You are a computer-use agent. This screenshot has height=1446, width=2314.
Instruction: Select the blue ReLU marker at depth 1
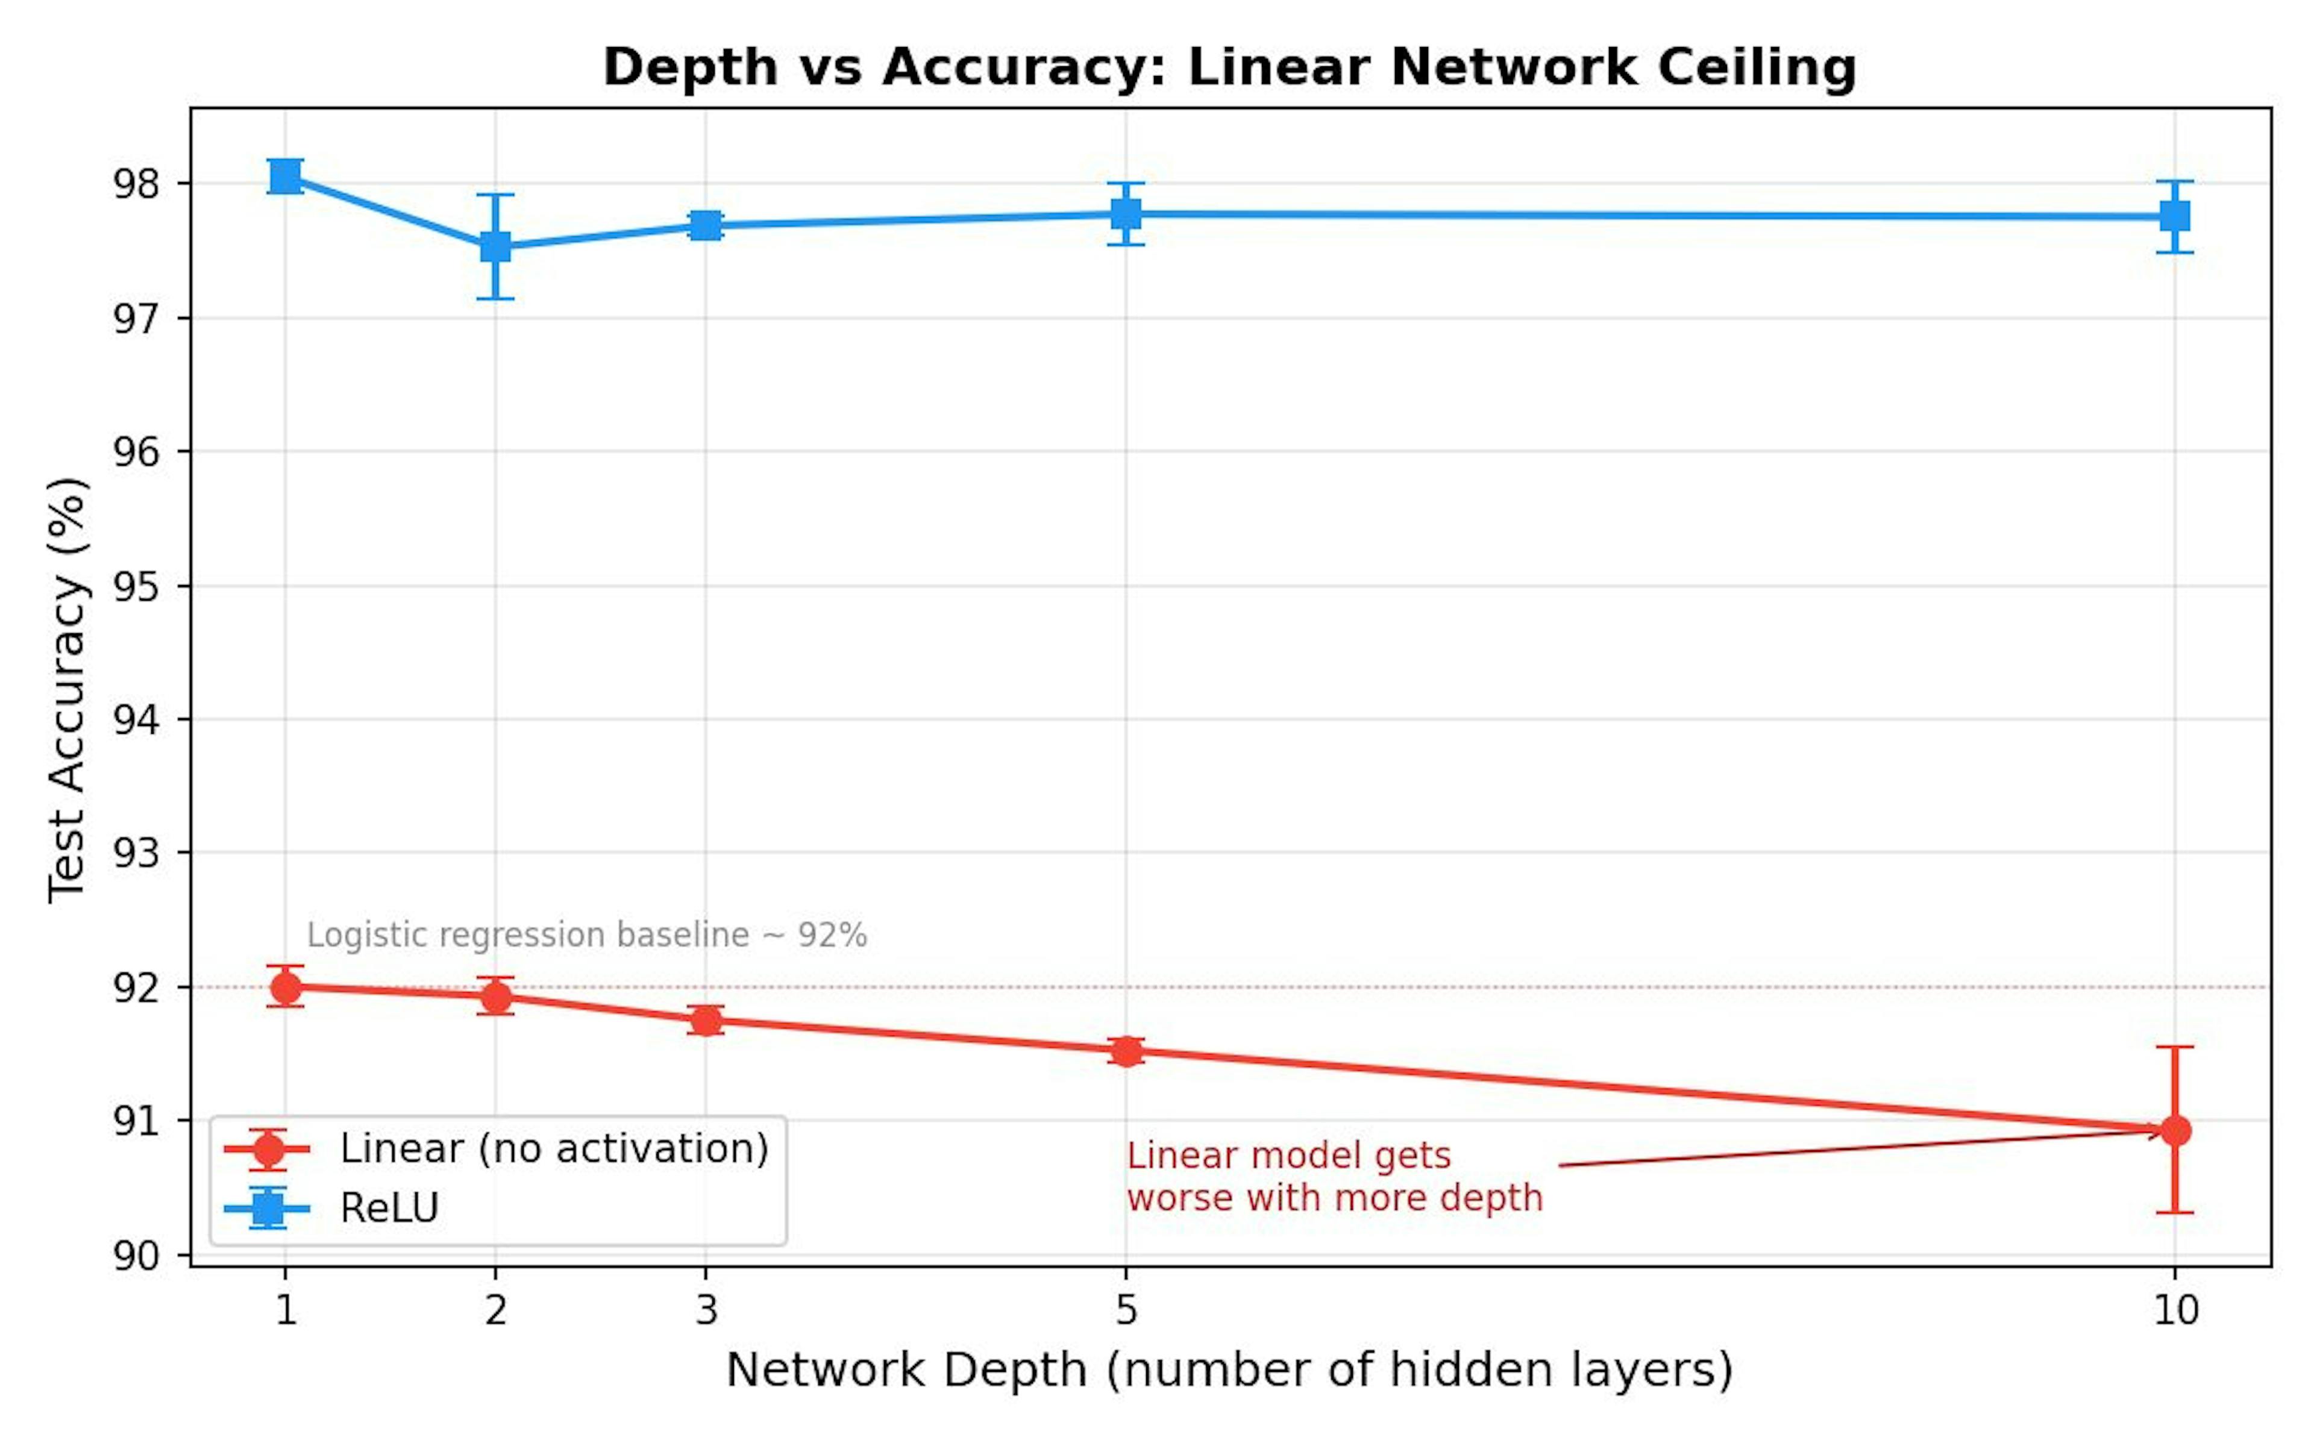point(285,176)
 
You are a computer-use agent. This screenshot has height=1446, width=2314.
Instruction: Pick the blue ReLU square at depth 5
point(1126,213)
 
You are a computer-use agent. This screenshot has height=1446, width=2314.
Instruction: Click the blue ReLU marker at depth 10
point(2174,216)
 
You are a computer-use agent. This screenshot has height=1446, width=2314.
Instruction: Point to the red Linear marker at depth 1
point(285,986)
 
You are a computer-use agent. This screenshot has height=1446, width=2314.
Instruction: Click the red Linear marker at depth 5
point(1126,1051)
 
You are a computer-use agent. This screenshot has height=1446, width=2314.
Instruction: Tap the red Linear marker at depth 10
point(2174,1130)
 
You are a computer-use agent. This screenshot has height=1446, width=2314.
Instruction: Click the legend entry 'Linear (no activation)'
point(554,1148)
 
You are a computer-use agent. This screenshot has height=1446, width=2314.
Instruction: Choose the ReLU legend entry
point(389,1208)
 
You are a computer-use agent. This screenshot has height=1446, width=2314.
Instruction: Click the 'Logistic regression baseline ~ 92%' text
point(586,934)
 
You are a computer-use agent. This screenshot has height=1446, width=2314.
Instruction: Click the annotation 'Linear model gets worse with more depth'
point(1334,1176)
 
